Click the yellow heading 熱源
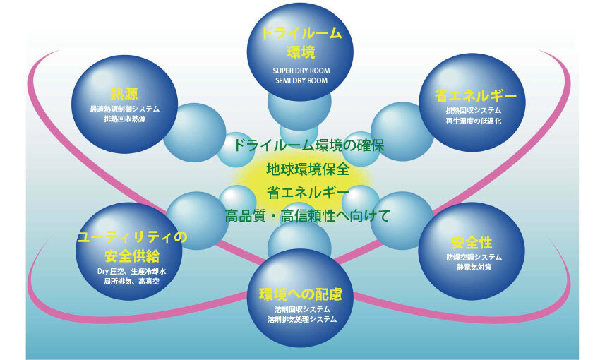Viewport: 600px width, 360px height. [125, 95]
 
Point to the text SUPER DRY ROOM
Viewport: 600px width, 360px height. [301, 71]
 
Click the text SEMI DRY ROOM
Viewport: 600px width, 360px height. [301, 80]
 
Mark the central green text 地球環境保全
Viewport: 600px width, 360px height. [307, 169]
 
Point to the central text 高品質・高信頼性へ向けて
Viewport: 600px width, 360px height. [307, 215]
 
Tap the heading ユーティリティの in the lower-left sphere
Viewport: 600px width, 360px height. [132, 237]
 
